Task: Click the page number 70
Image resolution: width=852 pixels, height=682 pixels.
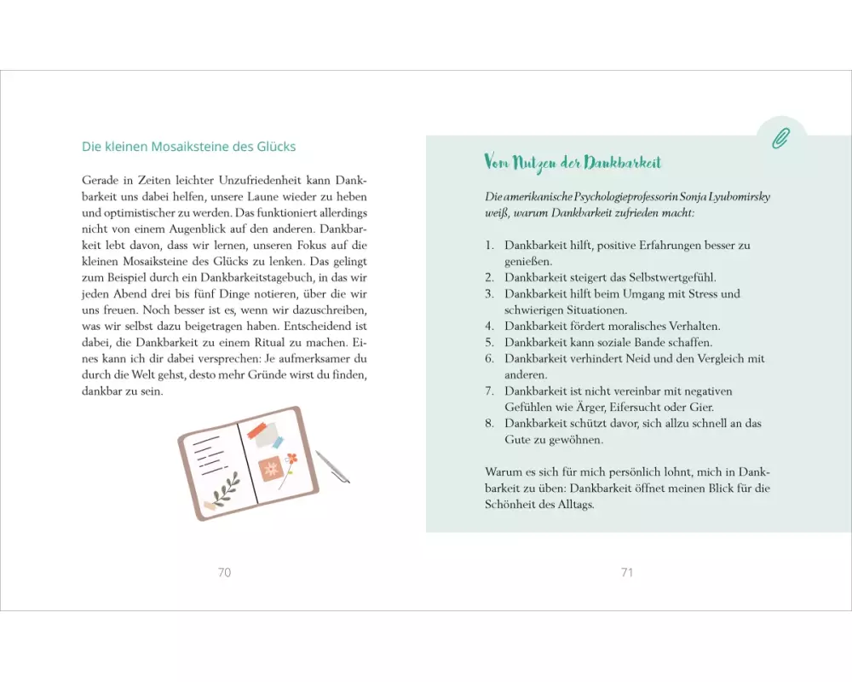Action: (x=224, y=572)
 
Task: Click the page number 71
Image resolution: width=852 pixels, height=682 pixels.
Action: (x=627, y=572)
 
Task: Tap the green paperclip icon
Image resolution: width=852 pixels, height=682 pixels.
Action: (x=780, y=139)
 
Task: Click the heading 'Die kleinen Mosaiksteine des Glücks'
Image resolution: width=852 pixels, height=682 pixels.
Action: (x=188, y=147)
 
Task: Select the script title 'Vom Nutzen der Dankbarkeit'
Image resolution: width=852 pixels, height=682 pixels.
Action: (x=573, y=163)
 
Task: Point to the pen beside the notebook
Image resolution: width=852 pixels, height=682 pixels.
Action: (x=332, y=466)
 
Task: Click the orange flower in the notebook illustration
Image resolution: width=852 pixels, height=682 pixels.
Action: (x=291, y=459)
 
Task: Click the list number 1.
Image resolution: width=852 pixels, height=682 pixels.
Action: (x=490, y=246)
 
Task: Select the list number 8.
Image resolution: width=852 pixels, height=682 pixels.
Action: (x=490, y=424)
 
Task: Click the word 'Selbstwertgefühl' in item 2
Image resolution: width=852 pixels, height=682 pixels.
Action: (x=672, y=278)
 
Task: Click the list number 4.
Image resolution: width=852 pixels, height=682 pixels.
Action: (x=490, y=327)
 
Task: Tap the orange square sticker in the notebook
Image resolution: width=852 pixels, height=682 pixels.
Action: (x=269, y=469)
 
